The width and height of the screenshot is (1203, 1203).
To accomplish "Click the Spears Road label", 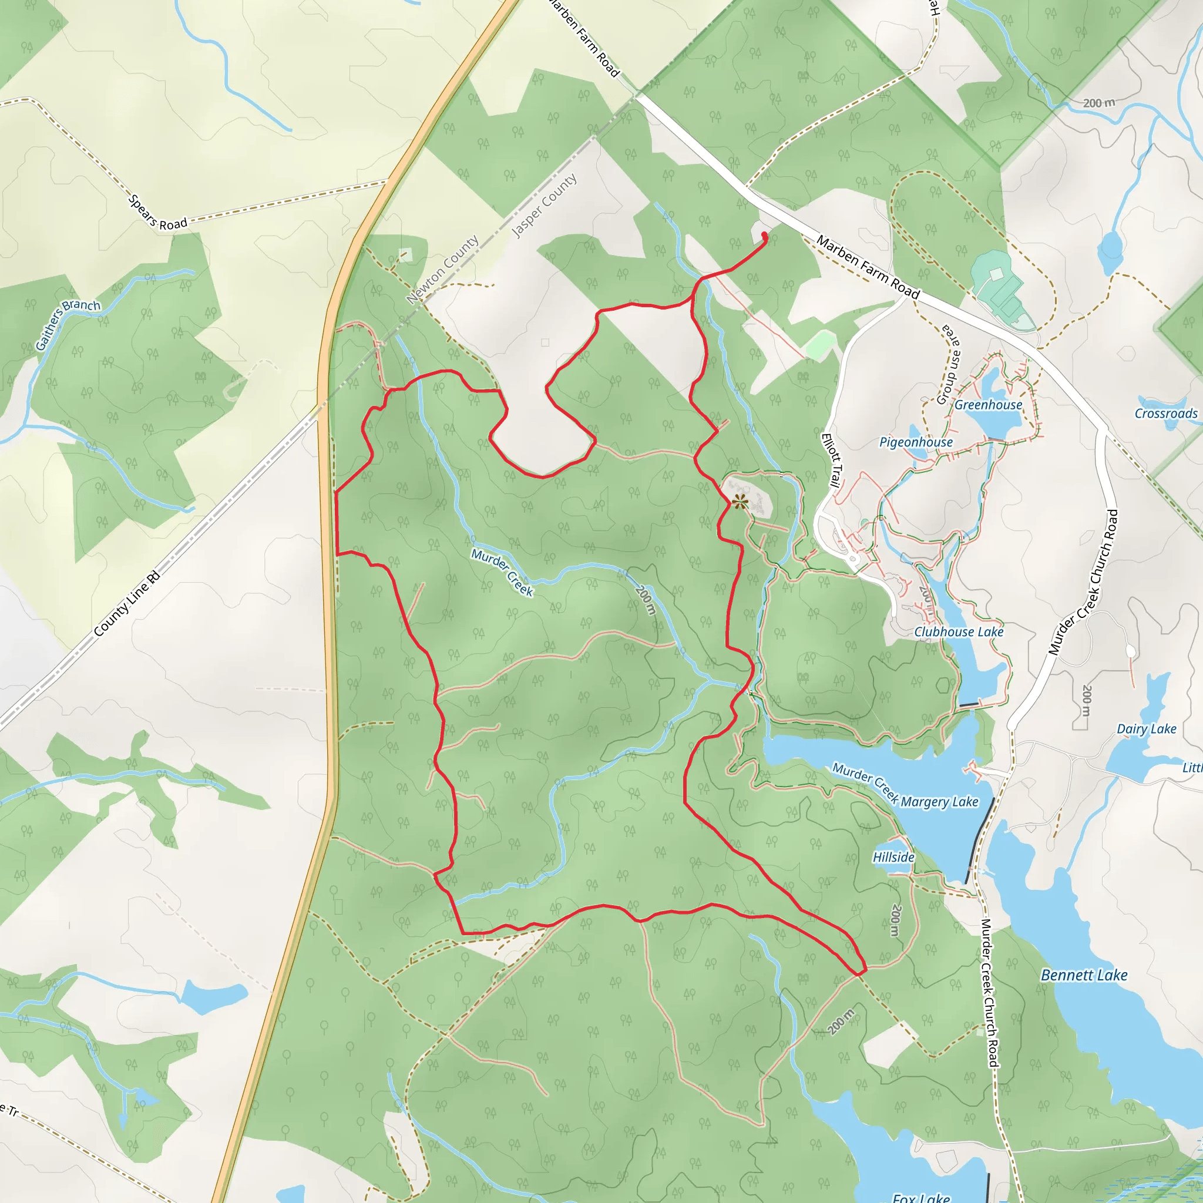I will (x=157, y=213).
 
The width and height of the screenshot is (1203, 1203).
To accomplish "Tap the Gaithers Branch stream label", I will (x=66, y=324).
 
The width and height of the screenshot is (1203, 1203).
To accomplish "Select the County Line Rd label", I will (x=127, y=604).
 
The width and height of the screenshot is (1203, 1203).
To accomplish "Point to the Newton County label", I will (x=443, y=269).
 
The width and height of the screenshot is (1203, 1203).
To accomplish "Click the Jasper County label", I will (x=544, y=206).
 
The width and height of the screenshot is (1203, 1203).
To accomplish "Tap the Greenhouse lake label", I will (x=988, y=405).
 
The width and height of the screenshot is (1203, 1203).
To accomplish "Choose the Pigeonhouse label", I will (x=916, y=442).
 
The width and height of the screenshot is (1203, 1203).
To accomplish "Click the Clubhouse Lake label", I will (x=959, y=632).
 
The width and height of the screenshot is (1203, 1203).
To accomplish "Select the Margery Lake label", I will (x=940, y=802).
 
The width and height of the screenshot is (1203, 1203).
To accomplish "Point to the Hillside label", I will (x=893, y=858).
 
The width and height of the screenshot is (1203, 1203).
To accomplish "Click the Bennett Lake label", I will (x=1084, y=975).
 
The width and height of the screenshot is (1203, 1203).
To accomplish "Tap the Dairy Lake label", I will (x=1147, y=729).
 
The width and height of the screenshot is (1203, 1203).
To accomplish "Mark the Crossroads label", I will (x=1165, y=414).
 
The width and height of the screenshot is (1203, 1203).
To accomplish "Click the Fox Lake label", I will (x=921, y=1197).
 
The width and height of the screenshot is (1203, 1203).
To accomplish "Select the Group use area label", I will (x=950, y=364).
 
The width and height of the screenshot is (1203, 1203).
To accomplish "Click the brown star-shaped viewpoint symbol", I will (x=740, y=501).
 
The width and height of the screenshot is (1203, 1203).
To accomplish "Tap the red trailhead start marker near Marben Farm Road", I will (x=764, y=235).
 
